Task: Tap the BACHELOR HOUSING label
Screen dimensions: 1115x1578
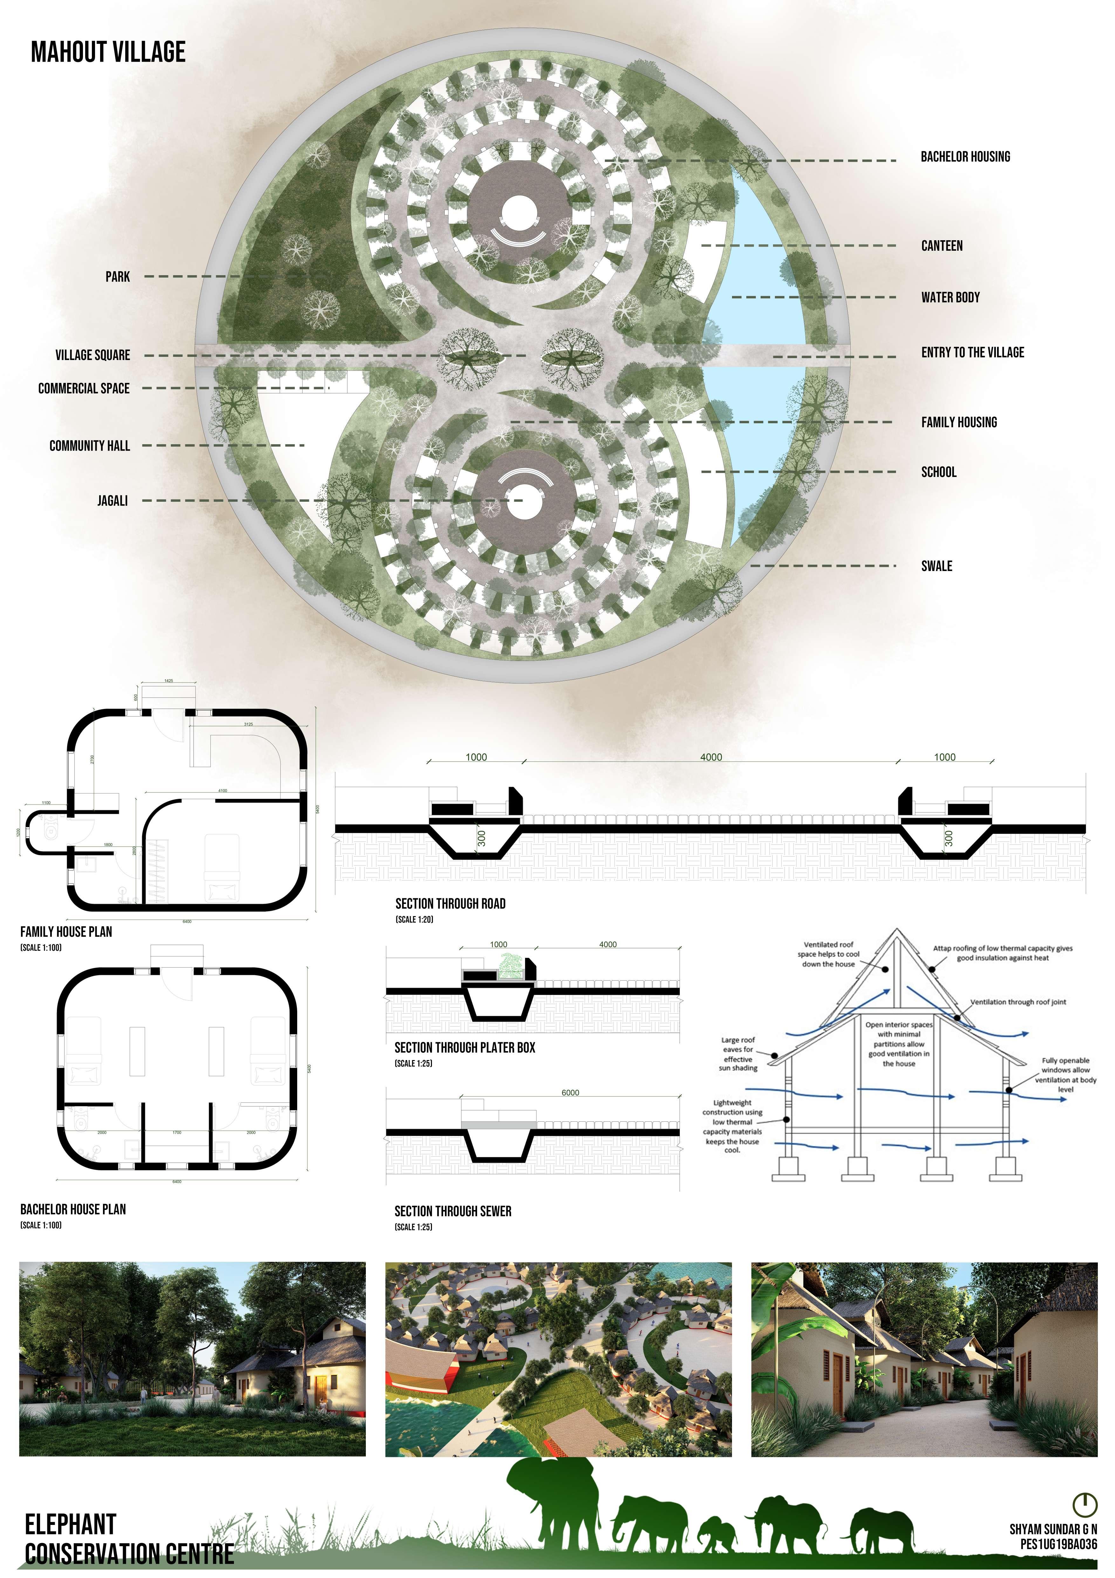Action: tap(965, 157)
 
